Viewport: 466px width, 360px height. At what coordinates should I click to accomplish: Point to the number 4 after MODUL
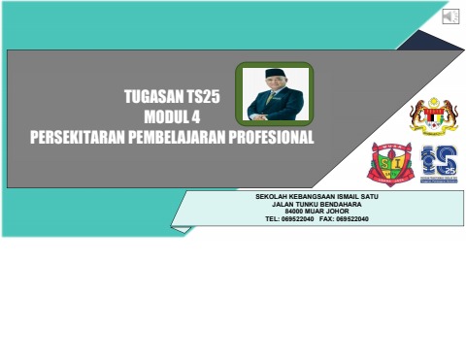208,117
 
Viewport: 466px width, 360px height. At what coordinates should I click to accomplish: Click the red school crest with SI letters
389,163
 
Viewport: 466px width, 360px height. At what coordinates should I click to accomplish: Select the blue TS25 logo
438,163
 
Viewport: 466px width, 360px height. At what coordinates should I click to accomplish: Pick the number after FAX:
350,219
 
